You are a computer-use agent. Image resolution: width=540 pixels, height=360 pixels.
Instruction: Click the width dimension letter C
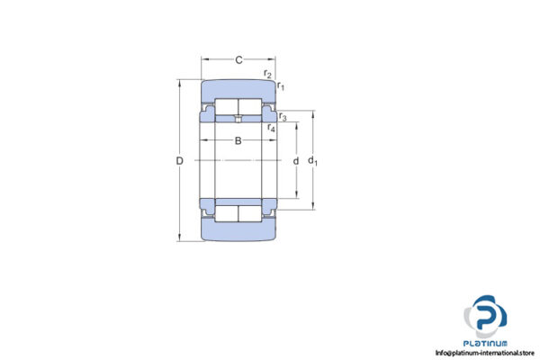238,60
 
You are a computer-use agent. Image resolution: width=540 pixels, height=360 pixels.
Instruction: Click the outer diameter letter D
179,160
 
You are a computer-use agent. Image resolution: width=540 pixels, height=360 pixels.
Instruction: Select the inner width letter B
238,140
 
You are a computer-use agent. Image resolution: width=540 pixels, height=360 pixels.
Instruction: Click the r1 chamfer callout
281,85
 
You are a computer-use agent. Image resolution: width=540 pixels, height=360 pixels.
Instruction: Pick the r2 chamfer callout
267,73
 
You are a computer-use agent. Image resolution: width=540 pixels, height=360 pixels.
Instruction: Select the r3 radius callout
282,117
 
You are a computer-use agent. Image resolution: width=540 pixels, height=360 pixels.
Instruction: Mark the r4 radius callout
271,129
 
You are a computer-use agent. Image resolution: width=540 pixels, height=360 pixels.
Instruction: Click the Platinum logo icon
486,317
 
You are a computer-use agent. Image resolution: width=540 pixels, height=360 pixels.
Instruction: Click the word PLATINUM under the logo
487,342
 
